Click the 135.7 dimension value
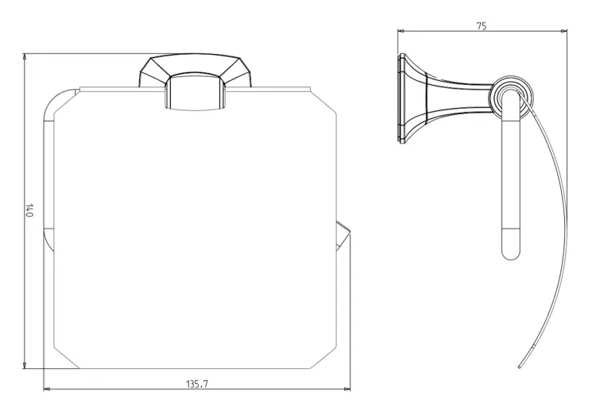pyautogui.click(x=197, y=384)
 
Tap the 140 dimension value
pyautogui.click(x=29, y=210)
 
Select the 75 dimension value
pyautogui.click(x=482, y=26)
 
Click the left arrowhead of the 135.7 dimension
pyautogui.click(x=47, y=389)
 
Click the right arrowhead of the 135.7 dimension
pyautogui.click(x=347, y=389)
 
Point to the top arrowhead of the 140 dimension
pyautogui.click(x=25, y=56)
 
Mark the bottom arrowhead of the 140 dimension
pyautogui.click(x=25, y=365)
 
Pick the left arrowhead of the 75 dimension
pyautogui.click(x=401, y=32)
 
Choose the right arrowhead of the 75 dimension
pyautogui.click(x=563, y=32)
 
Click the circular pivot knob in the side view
pyautogui.click(x=511, y=97)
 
